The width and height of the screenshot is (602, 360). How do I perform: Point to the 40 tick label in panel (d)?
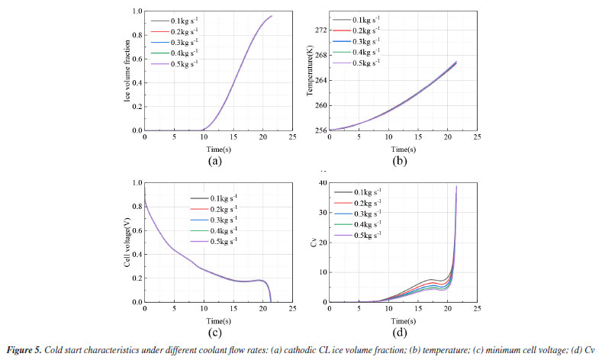pyautogui.click(x=323, y=183)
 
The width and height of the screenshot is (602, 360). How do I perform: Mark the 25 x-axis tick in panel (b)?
pyautogui.click(x=477, y=138)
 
